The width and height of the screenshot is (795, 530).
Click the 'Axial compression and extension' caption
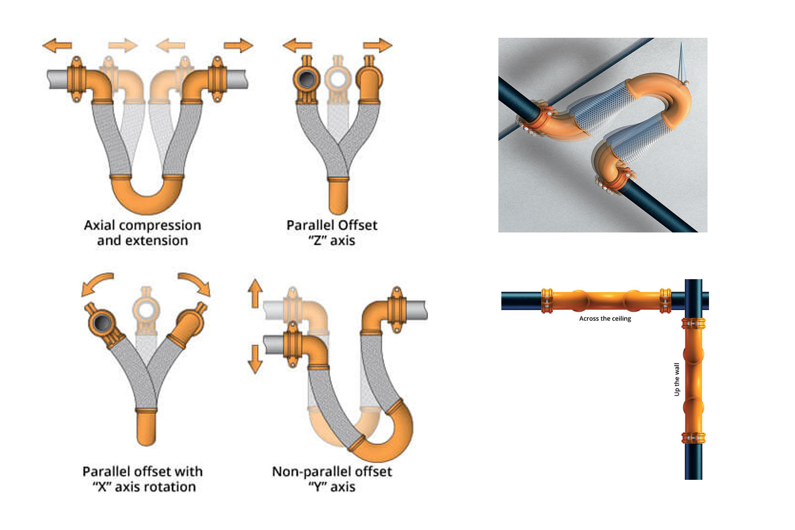142,232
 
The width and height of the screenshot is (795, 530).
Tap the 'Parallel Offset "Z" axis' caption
331,232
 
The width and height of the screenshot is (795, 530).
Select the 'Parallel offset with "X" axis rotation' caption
143,478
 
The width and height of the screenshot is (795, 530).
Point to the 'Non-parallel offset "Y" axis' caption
332,478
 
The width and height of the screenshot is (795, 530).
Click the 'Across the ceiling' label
605,318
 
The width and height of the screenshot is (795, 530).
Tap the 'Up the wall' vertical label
676,379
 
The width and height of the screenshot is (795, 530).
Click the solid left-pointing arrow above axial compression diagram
57,46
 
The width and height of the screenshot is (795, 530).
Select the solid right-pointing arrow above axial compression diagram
238,46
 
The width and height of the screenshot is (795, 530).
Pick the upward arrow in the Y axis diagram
255,293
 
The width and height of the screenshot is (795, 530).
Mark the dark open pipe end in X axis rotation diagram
102,323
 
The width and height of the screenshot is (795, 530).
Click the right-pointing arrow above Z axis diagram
378,45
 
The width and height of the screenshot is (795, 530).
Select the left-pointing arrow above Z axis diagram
297,46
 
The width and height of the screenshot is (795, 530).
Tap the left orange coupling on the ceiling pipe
547,301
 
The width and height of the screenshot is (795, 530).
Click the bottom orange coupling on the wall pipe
693,438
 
